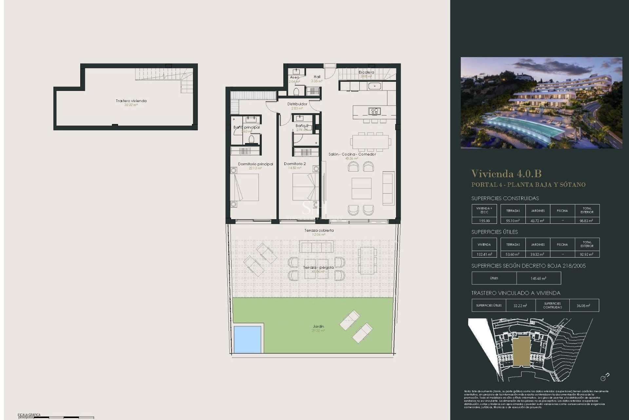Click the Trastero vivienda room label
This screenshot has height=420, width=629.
(x=131, y=101)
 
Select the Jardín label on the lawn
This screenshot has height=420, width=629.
(x=318, y=326)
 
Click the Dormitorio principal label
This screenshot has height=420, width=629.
(x=256, y=164)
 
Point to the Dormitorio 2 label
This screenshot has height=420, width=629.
(x=295, y=164)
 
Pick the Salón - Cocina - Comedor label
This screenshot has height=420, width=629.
(x=352, y=154)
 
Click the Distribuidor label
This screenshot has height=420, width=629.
(x=297, y=104)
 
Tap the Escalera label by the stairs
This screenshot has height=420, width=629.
(x=366, y=72)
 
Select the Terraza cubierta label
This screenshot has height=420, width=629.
(x=319, y=230)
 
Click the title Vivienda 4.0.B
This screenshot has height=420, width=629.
(x=506, y=174)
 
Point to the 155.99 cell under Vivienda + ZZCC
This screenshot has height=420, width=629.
(x=484, y=221)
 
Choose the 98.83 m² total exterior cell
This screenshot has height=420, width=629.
(x=587, y=221)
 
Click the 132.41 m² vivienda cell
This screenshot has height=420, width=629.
(x=484, y=254)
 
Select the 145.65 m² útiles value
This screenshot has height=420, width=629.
(x=538, y=279)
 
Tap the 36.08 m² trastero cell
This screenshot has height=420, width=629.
(x=583, y=305)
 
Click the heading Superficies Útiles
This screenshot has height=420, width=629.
(x=494, y=232)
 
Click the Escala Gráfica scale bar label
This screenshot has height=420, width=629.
(x=29, y=415)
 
